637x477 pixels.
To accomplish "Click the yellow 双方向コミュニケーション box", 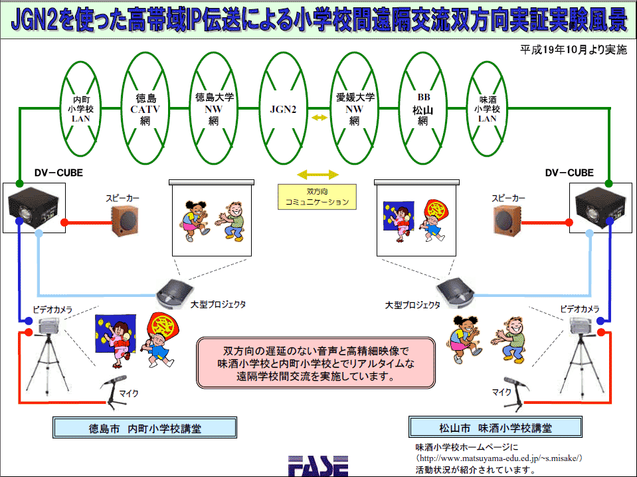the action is tap(317, 197).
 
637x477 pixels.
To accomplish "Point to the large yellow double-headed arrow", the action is tap(318, 175).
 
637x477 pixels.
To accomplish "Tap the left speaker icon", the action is tap(125, 221).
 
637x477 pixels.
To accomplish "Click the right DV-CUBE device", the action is tap(600, 208).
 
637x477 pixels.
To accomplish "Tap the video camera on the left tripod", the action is tap(49, 326).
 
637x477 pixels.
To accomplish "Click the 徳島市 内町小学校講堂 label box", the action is tap(145, 427).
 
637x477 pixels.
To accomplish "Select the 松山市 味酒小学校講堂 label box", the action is tap(496, 427).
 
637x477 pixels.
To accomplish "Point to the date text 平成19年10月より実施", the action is tap(574, 50).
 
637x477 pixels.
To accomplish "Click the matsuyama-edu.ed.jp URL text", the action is tap(500, 458).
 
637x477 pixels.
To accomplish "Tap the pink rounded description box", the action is tap(316, 363).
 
